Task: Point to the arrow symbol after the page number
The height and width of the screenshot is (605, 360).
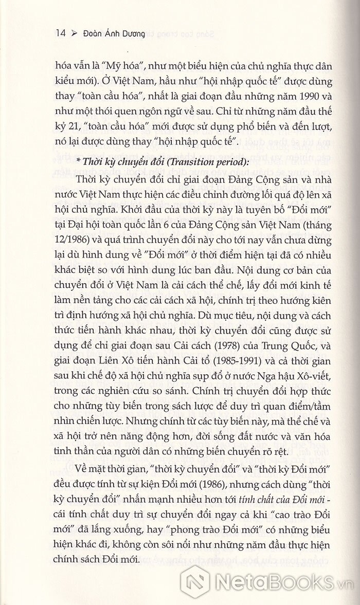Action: (x=74, y=34)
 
